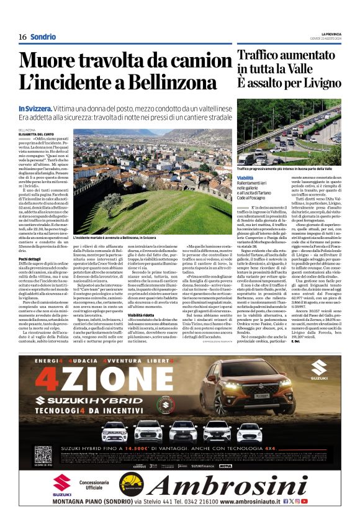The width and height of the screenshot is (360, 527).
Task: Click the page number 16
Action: (x=22, y=37)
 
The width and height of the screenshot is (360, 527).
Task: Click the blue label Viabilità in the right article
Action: (x=246, y=178)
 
